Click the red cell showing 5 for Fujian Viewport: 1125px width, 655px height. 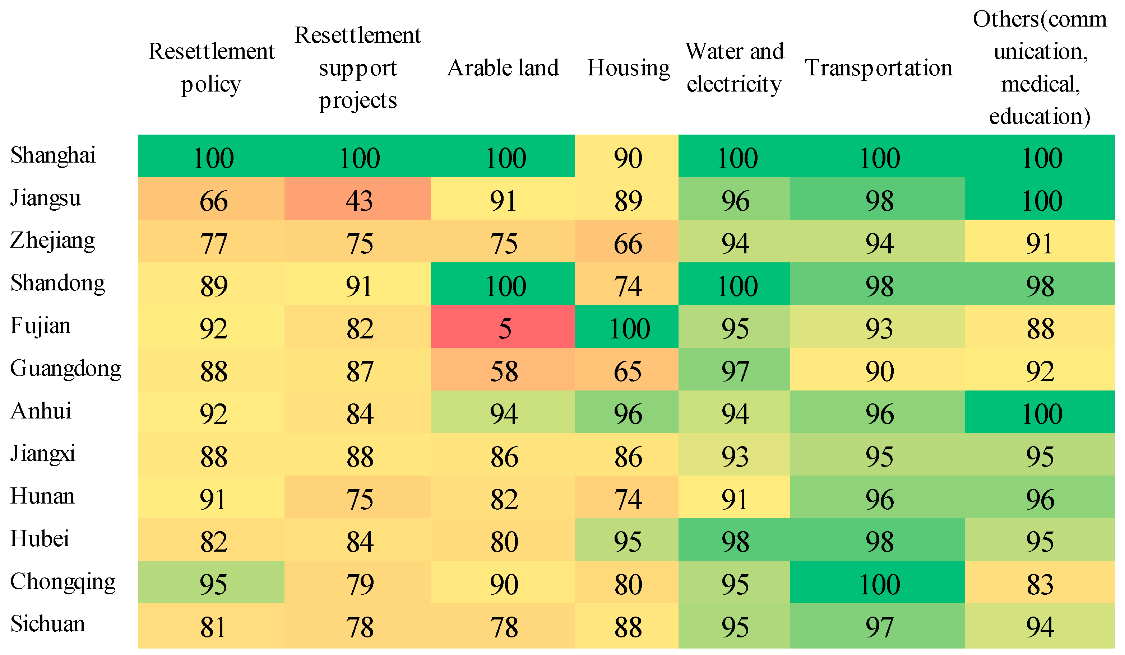tap(504, 329)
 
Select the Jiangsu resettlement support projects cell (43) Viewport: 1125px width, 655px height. tap(358, 201)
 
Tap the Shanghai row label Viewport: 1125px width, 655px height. tap(53, 155)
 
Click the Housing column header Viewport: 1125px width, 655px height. tap(628, 68)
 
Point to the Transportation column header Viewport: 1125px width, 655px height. tap(878, 68)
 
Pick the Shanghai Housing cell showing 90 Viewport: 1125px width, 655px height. tap(628, 158)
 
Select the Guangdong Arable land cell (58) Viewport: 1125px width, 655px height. tap(504, 371)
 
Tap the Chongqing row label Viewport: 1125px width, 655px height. tap(62, 582)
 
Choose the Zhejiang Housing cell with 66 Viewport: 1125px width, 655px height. tap(628, 244)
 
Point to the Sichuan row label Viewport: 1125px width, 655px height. tap(47, 624)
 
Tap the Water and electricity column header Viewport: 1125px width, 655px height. tap(734, 68)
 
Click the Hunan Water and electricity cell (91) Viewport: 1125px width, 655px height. tap(734, 499)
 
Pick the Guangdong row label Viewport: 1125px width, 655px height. tap(65, 369)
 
